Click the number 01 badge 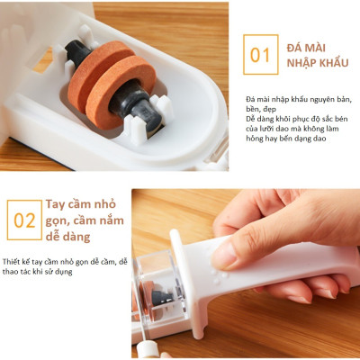259,55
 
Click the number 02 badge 24,220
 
